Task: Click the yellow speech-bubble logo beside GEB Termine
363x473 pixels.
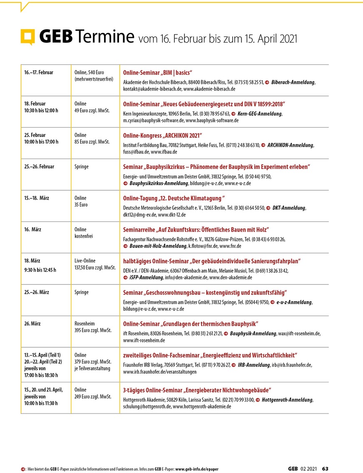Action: point(28,37)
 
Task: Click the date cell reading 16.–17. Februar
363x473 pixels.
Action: point(39,72)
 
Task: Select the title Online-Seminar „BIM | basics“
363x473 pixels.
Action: point(157,72)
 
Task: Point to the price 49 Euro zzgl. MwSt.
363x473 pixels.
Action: point(92,110)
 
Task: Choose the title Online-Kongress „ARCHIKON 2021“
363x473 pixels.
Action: point(162,135)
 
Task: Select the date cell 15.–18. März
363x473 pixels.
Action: point(37,198)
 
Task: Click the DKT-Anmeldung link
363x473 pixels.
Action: point(289,208)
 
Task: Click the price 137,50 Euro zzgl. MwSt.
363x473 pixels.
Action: point(95,267)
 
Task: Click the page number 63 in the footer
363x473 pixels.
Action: point(325,469)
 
